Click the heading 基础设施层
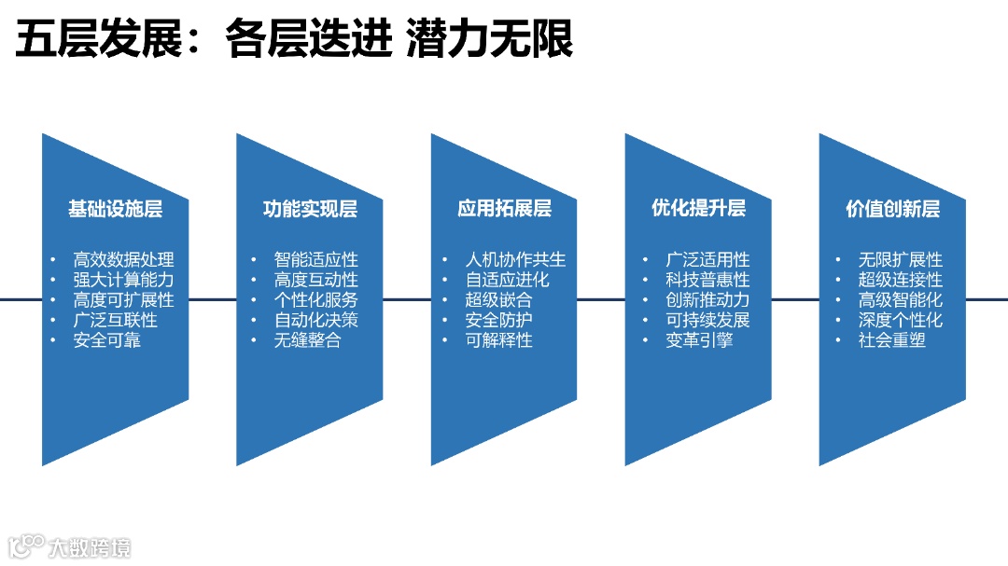115,209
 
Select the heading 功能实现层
310,209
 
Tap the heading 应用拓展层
504,209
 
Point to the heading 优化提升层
698,208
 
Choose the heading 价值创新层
892,209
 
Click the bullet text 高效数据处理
123,260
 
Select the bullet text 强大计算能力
123,280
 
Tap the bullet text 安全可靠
106,340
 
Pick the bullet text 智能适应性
315,260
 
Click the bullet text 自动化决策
315,320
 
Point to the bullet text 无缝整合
307,340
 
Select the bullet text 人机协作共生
515,260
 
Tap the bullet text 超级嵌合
498,300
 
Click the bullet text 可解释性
498,340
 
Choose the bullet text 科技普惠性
707,280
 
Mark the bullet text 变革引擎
699,340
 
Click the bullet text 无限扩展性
901,260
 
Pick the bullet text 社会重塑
892,340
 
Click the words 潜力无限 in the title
489,41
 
